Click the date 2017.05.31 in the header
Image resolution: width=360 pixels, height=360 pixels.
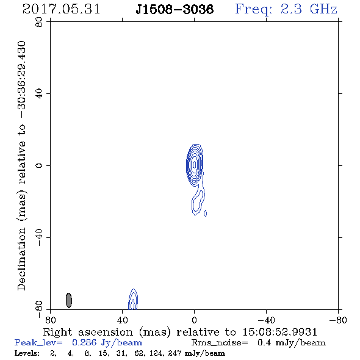61,9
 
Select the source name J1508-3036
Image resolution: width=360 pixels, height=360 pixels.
175,9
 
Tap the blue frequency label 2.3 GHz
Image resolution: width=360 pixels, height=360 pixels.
309,9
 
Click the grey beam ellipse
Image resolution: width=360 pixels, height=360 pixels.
69,300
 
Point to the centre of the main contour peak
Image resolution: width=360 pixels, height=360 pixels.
195,164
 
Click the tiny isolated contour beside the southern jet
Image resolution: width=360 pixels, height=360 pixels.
205,214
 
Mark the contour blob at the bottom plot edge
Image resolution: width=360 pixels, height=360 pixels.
133,299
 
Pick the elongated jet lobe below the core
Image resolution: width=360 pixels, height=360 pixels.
198,202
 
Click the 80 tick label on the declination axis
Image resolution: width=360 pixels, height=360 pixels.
39,22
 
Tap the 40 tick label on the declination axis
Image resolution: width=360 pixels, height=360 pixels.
39,94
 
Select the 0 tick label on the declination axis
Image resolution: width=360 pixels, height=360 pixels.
39,165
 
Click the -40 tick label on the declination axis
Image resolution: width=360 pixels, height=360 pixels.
39,237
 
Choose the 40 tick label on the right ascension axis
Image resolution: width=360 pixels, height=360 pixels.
123,320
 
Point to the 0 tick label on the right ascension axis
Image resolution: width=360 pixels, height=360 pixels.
195,320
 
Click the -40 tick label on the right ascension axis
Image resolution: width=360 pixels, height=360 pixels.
266,320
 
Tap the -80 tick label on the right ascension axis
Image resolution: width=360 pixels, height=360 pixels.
338,320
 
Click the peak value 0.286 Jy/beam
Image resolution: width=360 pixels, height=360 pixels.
107,343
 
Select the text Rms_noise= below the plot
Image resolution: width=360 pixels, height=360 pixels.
220,343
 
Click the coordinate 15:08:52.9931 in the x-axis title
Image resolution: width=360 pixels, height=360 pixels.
280,332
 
